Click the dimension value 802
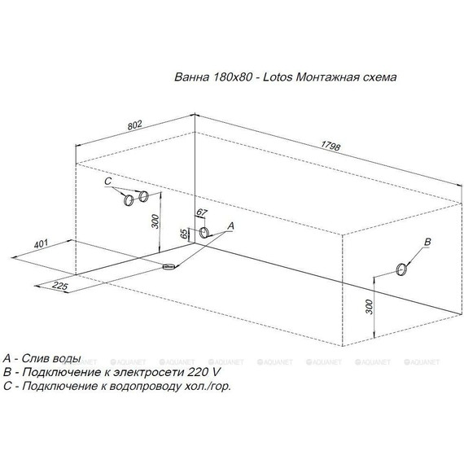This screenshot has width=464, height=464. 135,125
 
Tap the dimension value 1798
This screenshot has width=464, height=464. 330,147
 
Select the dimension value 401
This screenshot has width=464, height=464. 42,243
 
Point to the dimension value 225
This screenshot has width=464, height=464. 59,286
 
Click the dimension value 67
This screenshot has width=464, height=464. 202,212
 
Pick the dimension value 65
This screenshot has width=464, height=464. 184,234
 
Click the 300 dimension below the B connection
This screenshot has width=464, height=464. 369,307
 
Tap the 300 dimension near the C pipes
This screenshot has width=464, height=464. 155,221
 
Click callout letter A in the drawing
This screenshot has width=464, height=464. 230,226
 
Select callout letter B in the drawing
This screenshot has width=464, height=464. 427,242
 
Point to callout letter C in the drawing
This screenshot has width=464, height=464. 108,181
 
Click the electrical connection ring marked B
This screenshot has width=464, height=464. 401,269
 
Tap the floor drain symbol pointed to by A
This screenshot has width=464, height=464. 169,267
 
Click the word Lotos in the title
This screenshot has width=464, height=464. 278,77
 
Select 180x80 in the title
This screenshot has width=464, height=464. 231,77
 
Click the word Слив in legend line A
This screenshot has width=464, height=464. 35,358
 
